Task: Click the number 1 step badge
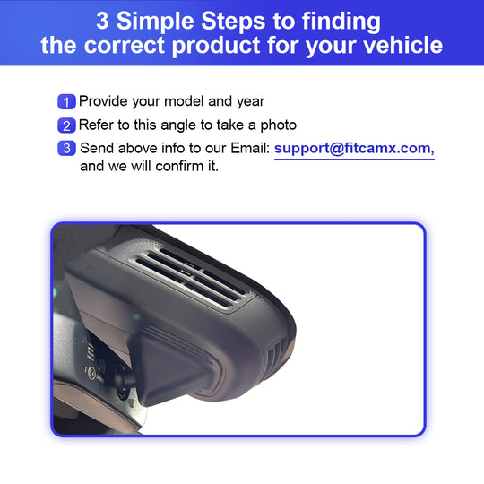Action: [x=66, y=101]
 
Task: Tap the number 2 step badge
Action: [x=66, y=125]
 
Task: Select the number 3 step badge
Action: [x=66, y=148]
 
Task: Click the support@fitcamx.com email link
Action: [x=354, y=149]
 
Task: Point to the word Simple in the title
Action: [x=155, y=21]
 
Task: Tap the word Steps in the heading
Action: [x=233, y=21]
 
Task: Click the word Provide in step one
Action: [x=103, y=101]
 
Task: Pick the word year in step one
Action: [x=250, y=102]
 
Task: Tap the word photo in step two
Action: [x=279, y=125]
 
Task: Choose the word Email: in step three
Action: [x=250, y=148]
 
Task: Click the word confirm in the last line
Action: [x=179, y=167]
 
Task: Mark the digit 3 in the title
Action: [x=102, y=21]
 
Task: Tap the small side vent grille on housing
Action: [x=277, y=353]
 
